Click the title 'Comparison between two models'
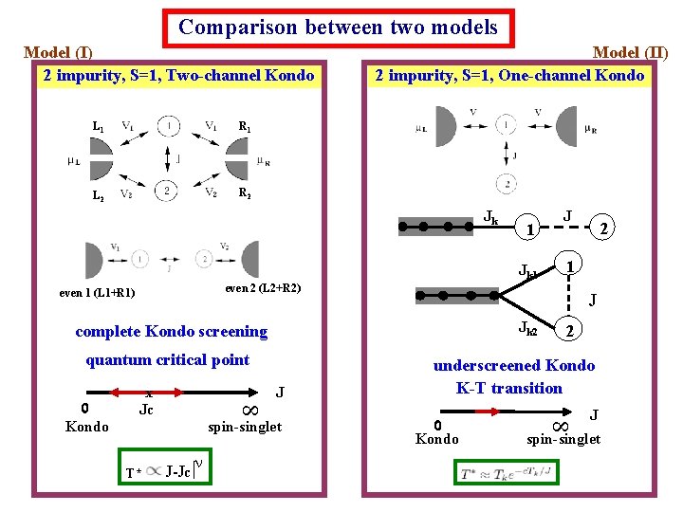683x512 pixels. [x=339, y=27]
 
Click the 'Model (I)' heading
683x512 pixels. [x=58, y=52]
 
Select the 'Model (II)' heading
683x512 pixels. [x=630, y=52]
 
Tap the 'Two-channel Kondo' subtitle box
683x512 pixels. [x=178, y=75]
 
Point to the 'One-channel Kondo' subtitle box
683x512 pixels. [x=509, y=75]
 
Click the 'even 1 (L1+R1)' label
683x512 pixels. [x=97, y=293]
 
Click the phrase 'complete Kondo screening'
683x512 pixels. [x=171, y=332]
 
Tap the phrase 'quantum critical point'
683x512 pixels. [x=167, y=359]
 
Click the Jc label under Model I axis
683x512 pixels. [x=146, y=410]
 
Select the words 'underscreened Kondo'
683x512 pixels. [x=514, y=365]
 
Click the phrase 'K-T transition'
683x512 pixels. [x=508, y=388]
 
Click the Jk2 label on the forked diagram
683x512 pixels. [x=526, y=328]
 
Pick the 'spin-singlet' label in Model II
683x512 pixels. [x=563, y=439]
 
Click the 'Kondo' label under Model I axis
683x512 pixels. [x=86, y=427]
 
